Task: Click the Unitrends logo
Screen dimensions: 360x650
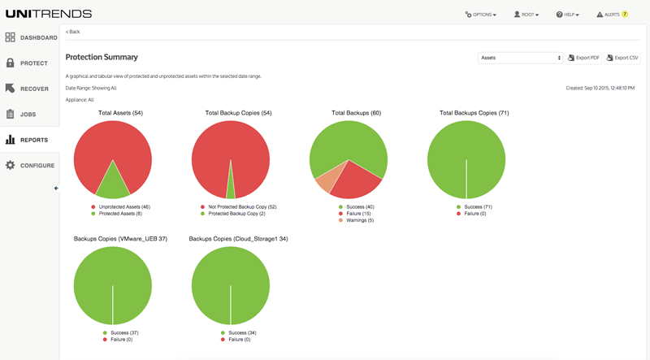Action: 48,14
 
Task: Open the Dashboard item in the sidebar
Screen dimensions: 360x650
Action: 30,37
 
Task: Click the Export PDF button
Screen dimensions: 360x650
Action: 583,58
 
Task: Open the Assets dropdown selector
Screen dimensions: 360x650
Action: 520,58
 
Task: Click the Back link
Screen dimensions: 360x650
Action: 73,32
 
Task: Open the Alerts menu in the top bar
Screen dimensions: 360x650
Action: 612,15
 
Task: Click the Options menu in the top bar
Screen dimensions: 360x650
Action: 481,15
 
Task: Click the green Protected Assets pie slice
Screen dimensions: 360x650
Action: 112,185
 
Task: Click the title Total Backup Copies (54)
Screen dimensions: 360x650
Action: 238,113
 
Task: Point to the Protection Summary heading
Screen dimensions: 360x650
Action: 102,58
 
